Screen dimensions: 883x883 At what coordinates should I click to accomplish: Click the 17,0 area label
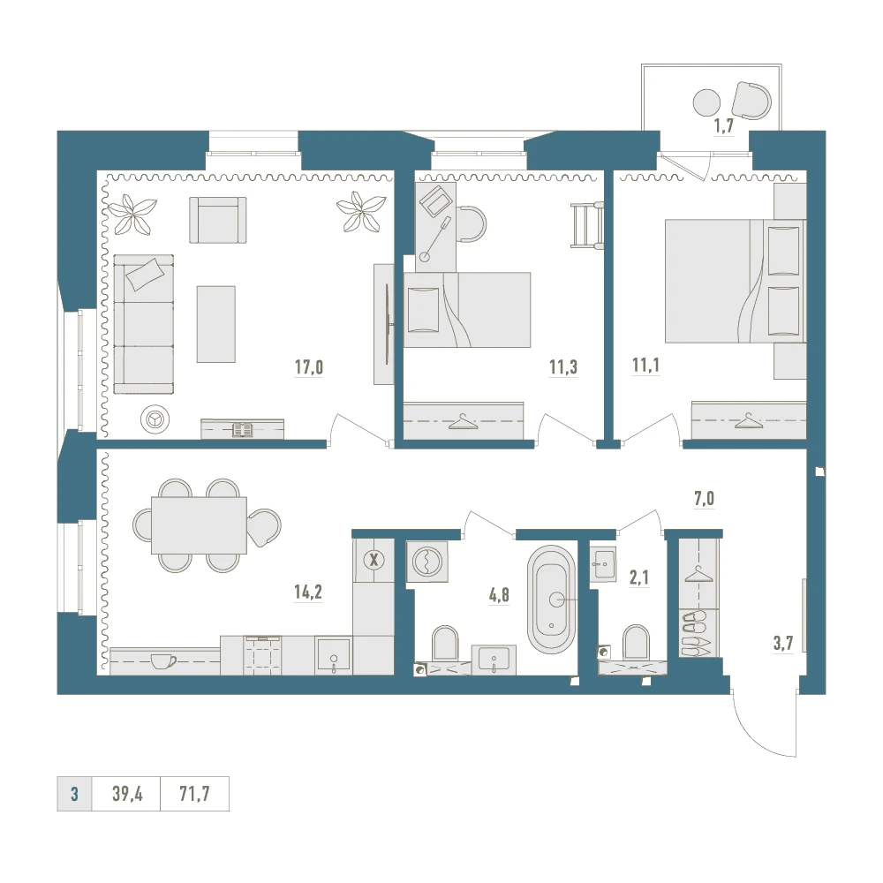pos(308,367)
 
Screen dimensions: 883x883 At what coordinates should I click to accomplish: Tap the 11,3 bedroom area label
pos(563,367)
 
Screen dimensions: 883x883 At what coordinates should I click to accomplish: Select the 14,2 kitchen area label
pos(308,592)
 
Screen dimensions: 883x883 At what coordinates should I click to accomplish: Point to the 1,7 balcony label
pos(724,126)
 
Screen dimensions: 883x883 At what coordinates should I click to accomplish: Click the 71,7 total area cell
pos(194,794)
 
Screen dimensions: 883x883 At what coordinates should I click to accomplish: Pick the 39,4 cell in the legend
pos(127,794)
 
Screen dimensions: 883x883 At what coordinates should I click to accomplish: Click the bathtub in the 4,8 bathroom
pos(551,600)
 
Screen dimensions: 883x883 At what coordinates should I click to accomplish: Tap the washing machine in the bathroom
pos(427,562)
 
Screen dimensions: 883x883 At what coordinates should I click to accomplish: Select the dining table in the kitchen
pos(199,525)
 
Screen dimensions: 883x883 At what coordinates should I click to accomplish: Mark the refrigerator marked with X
pos(373,561)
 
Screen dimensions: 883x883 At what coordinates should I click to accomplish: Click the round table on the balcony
pos(706,103)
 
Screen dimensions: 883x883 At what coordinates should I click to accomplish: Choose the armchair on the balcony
pos(751,101)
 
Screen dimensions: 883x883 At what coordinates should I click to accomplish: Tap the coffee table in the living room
pos(215,324)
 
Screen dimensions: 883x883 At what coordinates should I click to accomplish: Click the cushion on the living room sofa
pos(146,274)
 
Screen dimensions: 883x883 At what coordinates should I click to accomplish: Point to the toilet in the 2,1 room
pos(637,643)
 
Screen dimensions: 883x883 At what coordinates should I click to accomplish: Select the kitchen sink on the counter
pos(333,656)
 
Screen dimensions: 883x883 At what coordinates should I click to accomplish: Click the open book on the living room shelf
pos(243,430)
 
